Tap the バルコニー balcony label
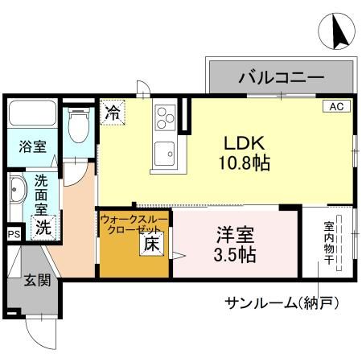(x=281, y=79)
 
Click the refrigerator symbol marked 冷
(x=112, y=112)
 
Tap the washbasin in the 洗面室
(x=18, y=194)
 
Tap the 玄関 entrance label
(x=35, y=280)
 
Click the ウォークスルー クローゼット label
(x=134, y=223)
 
